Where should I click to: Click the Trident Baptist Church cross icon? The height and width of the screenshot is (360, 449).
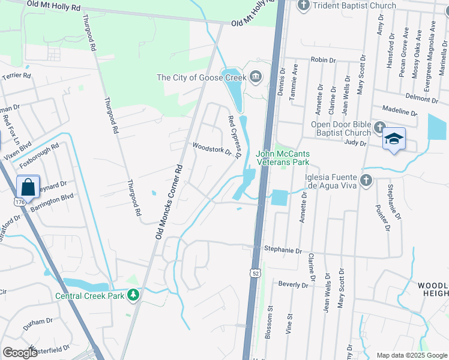click(304, 6)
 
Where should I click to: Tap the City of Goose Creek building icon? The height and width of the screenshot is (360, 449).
click(256, 77)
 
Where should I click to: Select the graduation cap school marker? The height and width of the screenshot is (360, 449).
click(393, 139)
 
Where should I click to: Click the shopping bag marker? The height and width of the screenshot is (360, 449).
click(28, 187)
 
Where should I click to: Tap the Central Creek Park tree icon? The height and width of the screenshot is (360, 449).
click(133, 295)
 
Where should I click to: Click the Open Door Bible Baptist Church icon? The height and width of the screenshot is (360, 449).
click(379, 128)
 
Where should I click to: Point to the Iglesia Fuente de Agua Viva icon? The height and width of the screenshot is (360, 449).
click(366, 180)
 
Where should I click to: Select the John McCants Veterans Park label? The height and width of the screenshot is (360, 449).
click(283, 158)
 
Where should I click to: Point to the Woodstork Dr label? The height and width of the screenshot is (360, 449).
click(211, 148)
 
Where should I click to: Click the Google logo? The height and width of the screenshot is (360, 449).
click(20, 353)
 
